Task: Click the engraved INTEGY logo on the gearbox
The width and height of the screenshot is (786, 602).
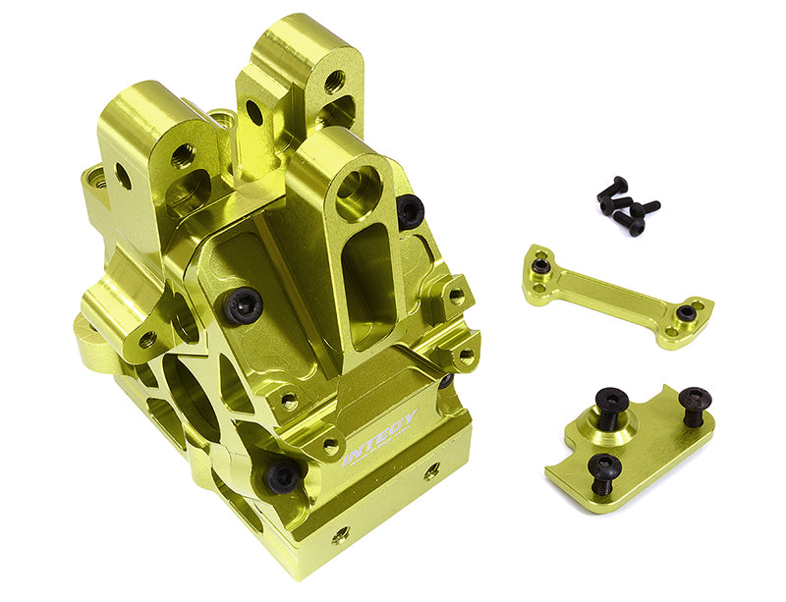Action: coord(381,434)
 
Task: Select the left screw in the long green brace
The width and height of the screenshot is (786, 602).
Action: coord(540,265)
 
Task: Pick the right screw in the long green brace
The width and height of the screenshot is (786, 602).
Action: coord(687,313)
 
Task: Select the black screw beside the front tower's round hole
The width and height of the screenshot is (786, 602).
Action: coord(411,210)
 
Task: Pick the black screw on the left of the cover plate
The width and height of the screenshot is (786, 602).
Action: coord(241,307)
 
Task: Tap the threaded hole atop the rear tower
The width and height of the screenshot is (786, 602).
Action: coord(334,82)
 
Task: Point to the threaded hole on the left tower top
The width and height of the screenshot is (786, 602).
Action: coord(184,154)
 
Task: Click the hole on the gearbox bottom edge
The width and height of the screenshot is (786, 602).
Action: coord(340,536)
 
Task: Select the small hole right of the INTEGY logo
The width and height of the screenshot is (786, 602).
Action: coord(431,472)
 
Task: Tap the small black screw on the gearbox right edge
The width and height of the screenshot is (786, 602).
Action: coord(446,381)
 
